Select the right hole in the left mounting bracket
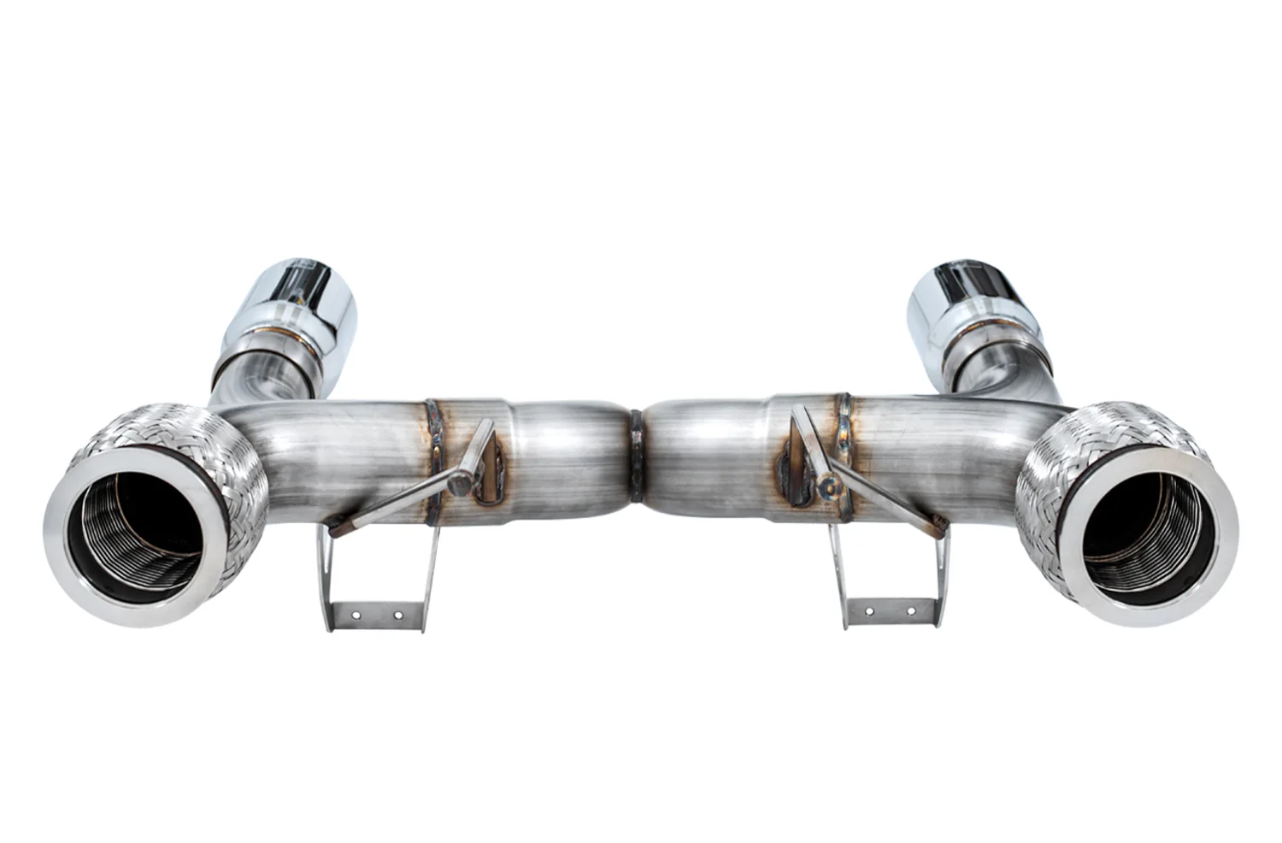pyautogui.click(x=397, y=613)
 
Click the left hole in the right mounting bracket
pyautogui.click(x=869, y=612)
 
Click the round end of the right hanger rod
pyautogui.click(x=827, y=486)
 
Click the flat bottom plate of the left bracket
pyautogui.click(x=376, y=614)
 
